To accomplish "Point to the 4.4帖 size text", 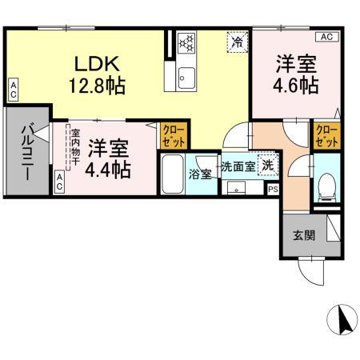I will tap(108, 169).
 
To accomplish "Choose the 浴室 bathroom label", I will tap(200, 173).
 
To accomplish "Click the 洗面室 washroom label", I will tap(238, 167).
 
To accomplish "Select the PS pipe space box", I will tap(273, 190).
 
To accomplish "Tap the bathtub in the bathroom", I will tap(171, 170).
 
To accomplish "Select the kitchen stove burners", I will tap(186, 41).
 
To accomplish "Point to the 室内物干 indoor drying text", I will tap(74, 148).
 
